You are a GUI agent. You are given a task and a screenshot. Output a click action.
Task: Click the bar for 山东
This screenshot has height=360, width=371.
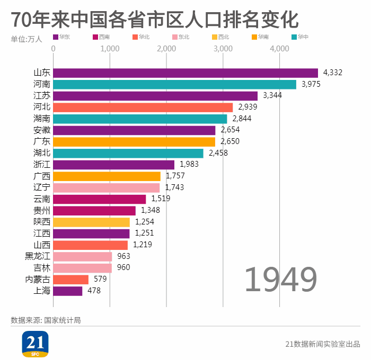click(185, 73)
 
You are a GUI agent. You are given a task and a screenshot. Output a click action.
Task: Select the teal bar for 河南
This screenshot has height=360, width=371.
click(174, 85)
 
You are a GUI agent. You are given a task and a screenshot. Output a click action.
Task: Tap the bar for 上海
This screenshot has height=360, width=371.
click(68, 291)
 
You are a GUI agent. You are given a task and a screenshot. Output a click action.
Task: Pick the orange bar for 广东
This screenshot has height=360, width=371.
click(134, 142)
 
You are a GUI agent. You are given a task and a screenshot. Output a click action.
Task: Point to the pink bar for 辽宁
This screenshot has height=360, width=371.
click(106, 187)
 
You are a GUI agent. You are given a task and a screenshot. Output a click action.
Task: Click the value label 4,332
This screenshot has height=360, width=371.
click(333, 73)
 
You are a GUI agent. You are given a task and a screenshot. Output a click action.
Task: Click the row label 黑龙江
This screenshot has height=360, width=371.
click(38, 256)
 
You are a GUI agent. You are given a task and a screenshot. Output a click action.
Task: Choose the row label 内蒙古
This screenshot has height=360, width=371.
click(38, 279)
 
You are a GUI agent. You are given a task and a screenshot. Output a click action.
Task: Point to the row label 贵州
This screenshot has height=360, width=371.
click(42, 210)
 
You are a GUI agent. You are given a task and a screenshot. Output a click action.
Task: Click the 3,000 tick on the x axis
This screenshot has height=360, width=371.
click(223, 49)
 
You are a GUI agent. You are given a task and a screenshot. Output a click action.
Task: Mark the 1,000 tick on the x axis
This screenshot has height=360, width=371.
click(110, 49)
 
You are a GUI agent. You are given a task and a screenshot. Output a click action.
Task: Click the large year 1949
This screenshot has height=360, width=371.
click(280, 280)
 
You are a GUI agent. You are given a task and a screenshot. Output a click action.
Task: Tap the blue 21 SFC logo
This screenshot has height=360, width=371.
click(35, 344)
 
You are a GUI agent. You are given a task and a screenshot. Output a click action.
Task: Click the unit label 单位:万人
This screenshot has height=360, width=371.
click(26, 39)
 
